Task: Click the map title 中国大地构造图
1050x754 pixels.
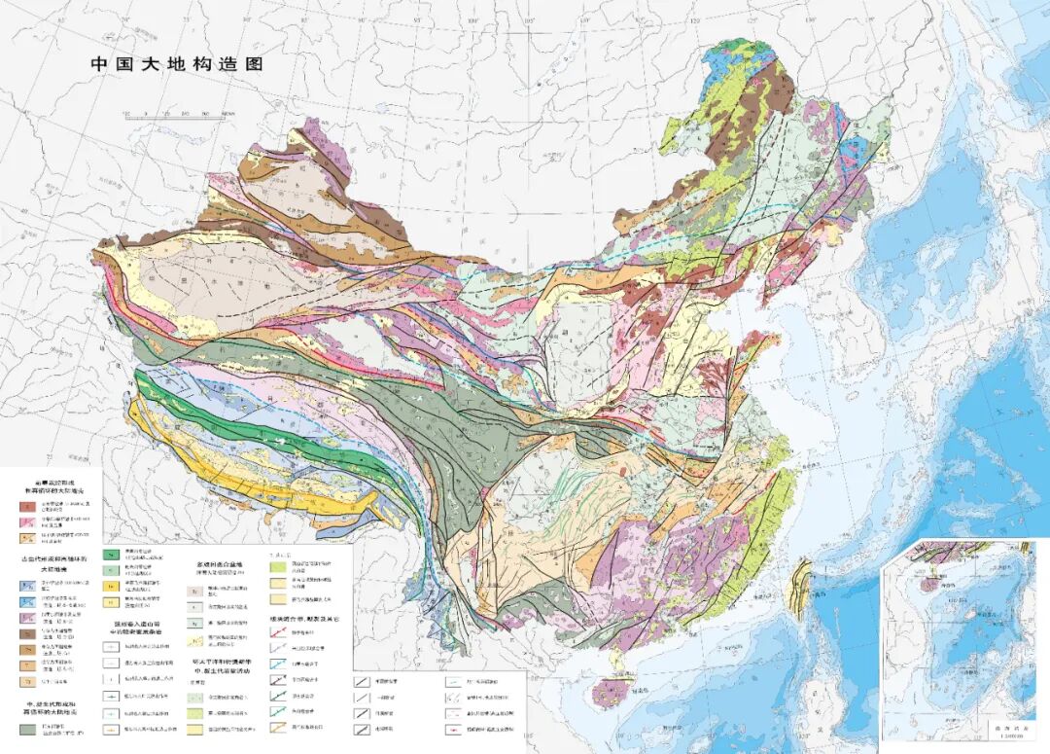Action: click(x=176, y=64)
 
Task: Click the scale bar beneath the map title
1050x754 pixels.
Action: click(x=181, y=114)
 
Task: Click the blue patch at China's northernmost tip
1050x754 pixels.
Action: click(x=724, y=58)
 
